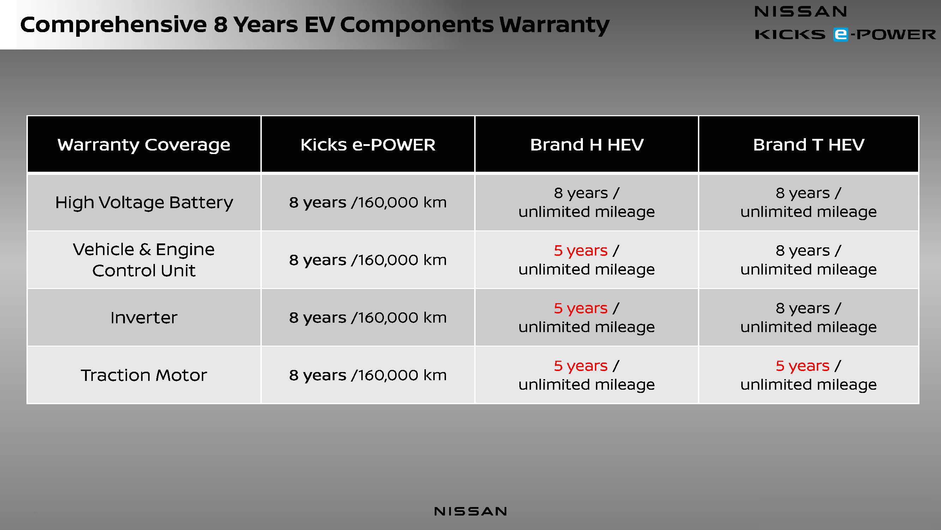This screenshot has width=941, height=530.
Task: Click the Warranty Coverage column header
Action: point(144,145)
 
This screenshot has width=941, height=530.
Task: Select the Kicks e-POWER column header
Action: point(368,145)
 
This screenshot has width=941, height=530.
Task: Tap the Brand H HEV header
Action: point(587,145)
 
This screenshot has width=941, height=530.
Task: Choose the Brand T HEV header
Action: point(809,145)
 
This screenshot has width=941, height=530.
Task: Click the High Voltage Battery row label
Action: point(144,202)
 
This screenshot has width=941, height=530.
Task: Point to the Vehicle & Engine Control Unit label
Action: point(144,260)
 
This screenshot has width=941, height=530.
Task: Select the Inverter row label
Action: point(144,318)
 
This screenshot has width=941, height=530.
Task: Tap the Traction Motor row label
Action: point(144,375)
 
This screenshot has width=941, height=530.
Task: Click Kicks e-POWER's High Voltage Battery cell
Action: point(368,202)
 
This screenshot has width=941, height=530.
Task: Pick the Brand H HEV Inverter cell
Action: point(587,318)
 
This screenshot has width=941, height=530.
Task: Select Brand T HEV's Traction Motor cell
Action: point(809,375)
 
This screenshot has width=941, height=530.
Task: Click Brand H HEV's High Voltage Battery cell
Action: point(587,202)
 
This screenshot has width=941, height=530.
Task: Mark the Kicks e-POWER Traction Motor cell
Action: point(368,375)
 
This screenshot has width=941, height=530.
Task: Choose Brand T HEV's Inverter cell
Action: point(809,318)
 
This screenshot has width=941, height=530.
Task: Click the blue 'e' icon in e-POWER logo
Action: point(840,34)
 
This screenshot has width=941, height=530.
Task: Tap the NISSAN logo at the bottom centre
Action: point(471,511)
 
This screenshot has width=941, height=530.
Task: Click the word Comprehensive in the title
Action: point(114,25)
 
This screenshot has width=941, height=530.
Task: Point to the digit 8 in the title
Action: point(220,24)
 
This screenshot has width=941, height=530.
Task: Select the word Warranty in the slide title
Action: point(554,25)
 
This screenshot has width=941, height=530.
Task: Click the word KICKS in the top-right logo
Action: point(790,34)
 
